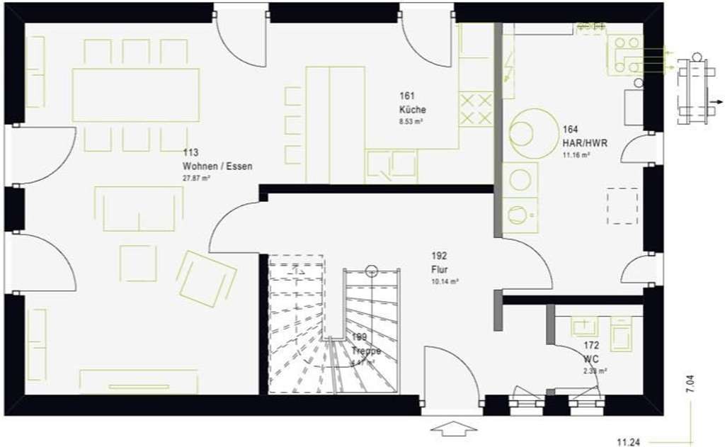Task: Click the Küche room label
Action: (x=412, y=110)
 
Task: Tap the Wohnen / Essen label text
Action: (x=217, y=166)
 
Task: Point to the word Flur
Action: (x=440, y=269)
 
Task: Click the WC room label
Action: (x=591, y=358)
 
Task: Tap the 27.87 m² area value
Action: (x=196, y=179)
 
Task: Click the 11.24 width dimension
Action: (x=628, y=442)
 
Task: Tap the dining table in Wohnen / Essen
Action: (x=135, y=95)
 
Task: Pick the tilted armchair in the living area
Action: (x=206, y=278)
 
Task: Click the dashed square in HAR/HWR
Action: (x=622, y=205)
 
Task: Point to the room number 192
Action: (x=439, y=256)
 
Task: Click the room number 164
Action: (x=571, y=130)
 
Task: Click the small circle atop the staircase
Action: (x=372, y=270)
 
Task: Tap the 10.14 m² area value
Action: (x=445, y=281)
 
